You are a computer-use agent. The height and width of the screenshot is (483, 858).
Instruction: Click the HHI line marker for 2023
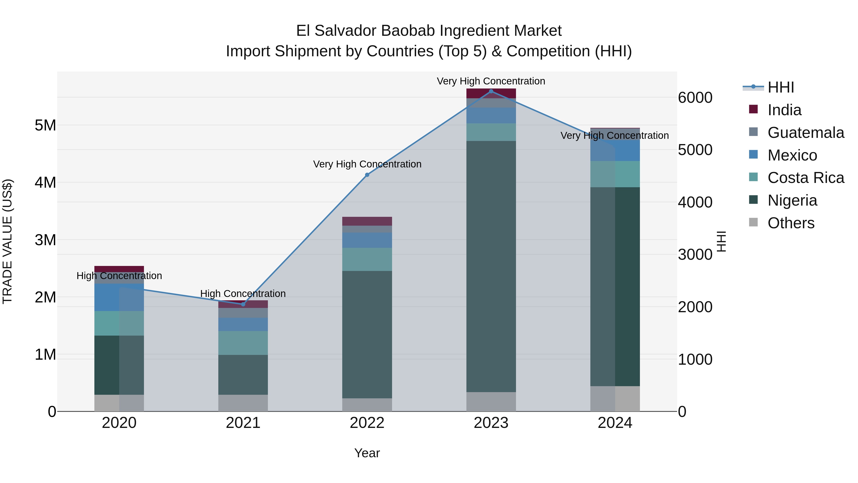[491, 91]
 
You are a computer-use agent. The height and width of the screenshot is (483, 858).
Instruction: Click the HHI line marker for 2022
[367, 175]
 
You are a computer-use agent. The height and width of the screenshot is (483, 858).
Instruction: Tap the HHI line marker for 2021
[243, 304]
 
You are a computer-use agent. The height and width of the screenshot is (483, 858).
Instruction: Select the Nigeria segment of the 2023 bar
[491, 267]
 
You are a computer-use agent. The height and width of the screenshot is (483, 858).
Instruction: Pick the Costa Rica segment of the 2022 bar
[367, 259]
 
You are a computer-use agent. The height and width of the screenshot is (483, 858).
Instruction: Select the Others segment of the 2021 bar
[243, 403]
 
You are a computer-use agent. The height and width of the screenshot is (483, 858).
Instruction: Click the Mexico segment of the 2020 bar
[119, 297]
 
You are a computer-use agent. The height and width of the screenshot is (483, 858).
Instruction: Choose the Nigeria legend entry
[792, 200]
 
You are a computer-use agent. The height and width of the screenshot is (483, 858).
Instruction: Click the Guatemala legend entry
[805, 133]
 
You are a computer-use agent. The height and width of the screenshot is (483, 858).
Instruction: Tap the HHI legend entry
[780, 87]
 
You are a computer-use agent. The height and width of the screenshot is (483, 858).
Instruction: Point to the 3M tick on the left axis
[45, 240]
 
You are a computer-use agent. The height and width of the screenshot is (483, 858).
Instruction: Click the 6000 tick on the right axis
[695, 98]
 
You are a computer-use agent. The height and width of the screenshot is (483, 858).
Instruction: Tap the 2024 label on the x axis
[615, 423]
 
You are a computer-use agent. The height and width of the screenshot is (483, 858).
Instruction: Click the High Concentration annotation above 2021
[243, 294]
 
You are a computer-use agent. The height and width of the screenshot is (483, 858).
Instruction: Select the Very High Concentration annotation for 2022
[367, 164]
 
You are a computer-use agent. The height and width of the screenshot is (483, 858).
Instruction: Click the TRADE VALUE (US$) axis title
[7, 241]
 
